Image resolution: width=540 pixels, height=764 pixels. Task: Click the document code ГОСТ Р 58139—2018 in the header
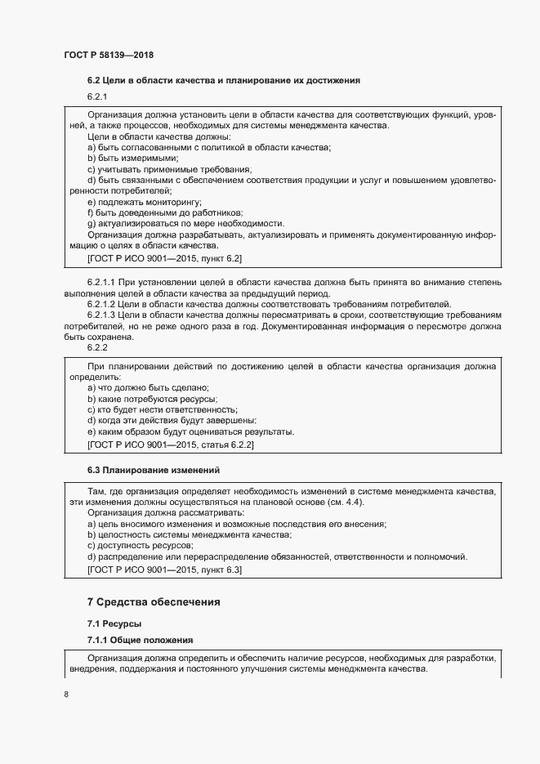(x=109, y=55)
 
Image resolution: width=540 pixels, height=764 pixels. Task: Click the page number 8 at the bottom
(x=66, y=695)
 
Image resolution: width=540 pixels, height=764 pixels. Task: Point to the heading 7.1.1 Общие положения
(x=140, y=638)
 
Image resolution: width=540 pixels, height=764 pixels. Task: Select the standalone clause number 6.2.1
(x=98, y=97)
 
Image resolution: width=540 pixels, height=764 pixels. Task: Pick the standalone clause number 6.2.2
(x=98, y=346)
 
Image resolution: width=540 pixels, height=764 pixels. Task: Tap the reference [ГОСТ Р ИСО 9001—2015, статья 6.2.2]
(x=171, y=445)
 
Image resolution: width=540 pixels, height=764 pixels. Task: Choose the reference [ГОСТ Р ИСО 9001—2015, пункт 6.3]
(x=164, y=570)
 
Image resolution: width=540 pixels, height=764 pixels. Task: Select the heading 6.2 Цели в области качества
(x=223, y=80)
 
